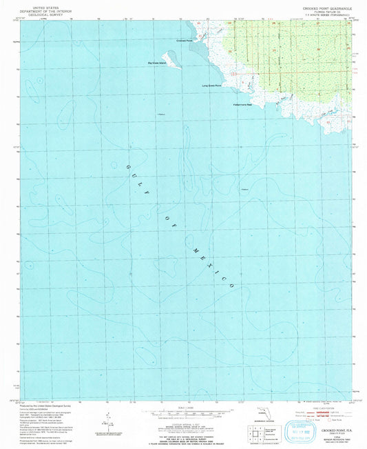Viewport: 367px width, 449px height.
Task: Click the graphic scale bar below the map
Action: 182,416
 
